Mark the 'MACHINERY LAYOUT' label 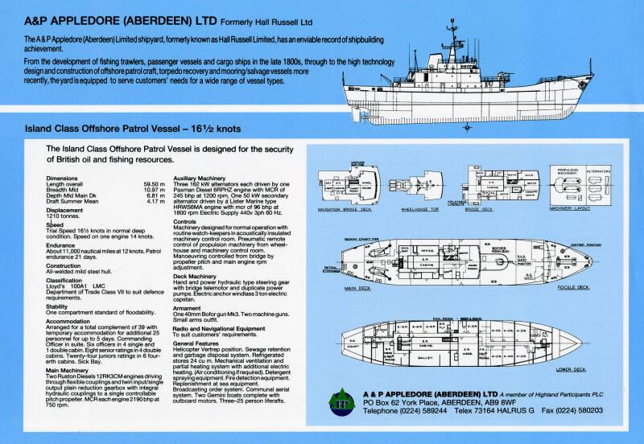[x=570, y=208]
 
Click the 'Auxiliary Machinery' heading [x=204, y=177]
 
